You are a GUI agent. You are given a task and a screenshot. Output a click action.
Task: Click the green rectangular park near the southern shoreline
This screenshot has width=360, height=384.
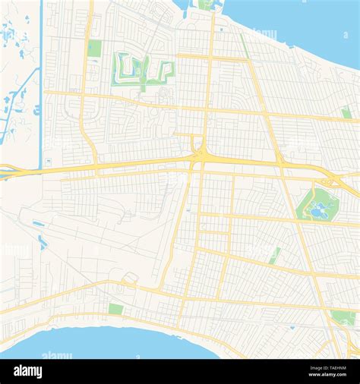115,309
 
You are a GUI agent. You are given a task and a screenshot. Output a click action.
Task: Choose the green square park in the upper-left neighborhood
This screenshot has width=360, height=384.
94,49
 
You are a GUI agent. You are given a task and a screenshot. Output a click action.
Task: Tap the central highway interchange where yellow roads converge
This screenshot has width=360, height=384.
200,155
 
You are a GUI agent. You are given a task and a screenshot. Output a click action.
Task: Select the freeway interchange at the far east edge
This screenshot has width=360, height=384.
332,181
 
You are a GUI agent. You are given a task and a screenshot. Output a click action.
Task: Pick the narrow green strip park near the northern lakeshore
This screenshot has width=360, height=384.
245,46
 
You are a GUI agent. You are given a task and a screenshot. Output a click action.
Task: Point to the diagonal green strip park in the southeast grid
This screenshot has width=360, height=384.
274,256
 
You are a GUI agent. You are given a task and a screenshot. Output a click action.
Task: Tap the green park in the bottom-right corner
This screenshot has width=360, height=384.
343,318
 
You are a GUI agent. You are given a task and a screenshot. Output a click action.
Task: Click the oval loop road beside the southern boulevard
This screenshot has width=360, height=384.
130,282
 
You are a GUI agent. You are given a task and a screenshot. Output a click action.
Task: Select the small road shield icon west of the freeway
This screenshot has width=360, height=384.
48,161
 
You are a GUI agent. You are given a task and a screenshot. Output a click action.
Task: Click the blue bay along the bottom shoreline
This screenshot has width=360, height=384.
114,343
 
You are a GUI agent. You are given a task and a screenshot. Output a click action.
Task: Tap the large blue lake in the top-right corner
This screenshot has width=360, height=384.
304,19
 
